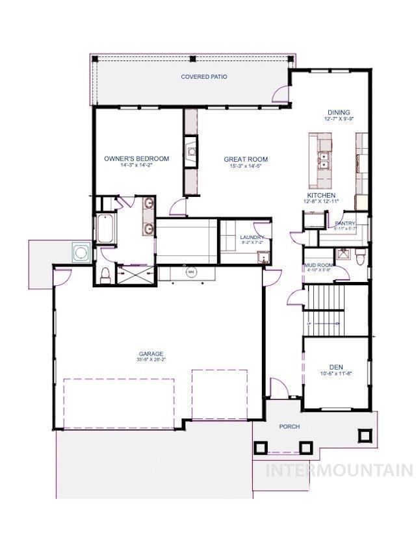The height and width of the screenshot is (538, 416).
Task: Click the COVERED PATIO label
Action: [x=203, y=77]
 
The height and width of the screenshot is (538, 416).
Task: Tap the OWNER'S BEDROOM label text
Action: [x=136, y=159]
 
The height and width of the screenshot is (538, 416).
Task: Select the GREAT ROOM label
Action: [x=246, y=159]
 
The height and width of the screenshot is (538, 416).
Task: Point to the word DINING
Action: [x=339, y=112]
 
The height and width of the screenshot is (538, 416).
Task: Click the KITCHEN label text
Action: [x=321, y=195]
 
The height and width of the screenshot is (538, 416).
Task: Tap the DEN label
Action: [x=335, y=366]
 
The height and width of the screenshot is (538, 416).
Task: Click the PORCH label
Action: [x=289, y=427]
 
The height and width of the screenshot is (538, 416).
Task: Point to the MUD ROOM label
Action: [x=318, y=265]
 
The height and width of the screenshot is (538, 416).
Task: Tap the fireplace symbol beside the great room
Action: [x=192, y=152]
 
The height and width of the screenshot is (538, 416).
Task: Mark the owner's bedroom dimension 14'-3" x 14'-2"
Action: [x=136, y=166]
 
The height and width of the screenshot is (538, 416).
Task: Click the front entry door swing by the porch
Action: [x=278, y=390]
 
